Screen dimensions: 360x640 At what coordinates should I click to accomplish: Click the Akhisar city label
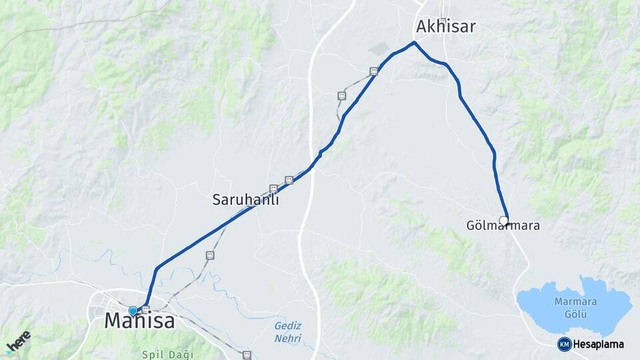447,27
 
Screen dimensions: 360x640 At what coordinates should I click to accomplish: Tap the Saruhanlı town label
245,199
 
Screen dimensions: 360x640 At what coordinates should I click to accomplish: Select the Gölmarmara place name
503,226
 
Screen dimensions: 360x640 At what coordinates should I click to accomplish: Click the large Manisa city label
140,321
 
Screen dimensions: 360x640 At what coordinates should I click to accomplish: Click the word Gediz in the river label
288,326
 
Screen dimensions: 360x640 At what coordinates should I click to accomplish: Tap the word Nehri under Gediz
288,339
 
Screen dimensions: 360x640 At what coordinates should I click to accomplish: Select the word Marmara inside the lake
574,301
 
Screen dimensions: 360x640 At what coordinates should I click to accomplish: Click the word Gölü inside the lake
574,313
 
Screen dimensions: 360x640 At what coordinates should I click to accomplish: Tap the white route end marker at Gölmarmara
504,220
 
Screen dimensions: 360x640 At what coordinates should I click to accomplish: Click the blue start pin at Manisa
133,311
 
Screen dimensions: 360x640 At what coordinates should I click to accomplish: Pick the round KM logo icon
565,344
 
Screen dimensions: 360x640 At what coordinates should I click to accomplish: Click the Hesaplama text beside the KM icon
598,345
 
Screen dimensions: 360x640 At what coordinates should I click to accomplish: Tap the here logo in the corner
18,342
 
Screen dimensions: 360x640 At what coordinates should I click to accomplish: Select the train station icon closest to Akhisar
374,71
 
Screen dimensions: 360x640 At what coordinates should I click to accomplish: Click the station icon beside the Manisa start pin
145,309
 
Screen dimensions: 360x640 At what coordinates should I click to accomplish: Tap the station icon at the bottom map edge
247,355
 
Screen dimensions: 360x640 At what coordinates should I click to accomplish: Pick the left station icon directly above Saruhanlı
273,189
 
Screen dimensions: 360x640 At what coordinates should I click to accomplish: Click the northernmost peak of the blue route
414,43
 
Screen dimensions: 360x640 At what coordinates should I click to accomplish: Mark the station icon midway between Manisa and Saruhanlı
210,255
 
